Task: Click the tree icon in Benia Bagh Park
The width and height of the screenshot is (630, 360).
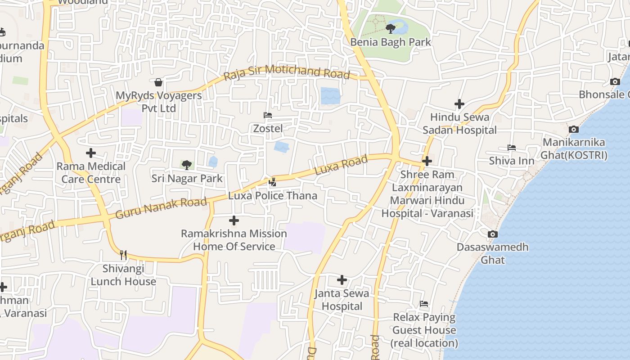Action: [x=390, y=29]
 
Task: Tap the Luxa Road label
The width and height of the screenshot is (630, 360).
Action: [x=341, y=165]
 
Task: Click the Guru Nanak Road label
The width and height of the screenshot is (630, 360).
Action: [x=161, y=208]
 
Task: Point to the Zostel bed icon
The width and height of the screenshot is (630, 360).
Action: [x=268, y=115]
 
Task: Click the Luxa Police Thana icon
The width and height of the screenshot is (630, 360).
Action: [x=272, y=182]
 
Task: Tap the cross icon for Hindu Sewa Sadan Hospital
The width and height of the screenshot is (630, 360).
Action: [x=459, y=104]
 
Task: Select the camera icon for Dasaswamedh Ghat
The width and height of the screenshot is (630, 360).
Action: [x=493, y=234]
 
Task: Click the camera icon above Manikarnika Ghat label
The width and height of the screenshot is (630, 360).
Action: [x=574, y=130]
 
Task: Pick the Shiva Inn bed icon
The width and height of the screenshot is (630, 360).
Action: [x=512, y=148]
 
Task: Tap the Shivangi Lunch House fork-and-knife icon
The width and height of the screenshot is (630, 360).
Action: [x=123, y=255]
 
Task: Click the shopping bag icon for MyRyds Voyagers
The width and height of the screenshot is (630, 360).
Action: [x=158, y=82]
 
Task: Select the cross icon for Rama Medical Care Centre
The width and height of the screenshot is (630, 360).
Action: [x=91, y=153]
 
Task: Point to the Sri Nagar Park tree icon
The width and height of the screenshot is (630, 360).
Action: [x=187, y=165]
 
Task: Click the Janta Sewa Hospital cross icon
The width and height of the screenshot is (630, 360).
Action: [x=342, y=280]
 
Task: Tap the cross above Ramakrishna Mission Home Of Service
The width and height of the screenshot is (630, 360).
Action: [x=234, y=220]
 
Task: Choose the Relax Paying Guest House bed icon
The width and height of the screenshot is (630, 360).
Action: [x=424, y=304]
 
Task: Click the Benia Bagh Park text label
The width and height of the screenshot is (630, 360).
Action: [x=391, y=42]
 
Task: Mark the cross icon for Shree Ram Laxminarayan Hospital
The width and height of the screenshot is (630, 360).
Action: [x=427, y=161]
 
